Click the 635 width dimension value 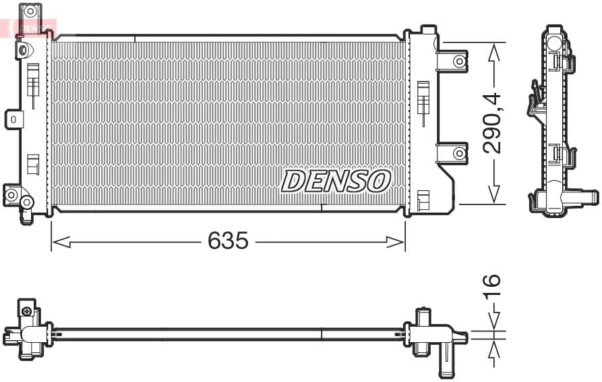tap(228, 241)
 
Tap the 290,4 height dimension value tap(493, 123)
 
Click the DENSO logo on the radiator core tap(336, 181)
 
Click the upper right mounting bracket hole tap(459, 61)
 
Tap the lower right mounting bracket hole tap(459, 153)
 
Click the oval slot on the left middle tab tap(13, 119)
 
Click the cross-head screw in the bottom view tap(26, 311)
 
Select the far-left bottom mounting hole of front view tap(11, 195)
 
